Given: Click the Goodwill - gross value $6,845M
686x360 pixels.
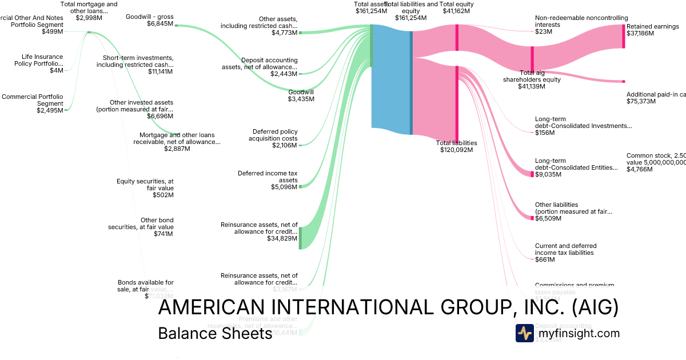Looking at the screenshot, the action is [160, 24].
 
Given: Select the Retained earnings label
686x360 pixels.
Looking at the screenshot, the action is [652, 26].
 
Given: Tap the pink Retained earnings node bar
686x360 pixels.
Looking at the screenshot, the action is [624, 36].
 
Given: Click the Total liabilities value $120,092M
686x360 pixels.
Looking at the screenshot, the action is [456, 150].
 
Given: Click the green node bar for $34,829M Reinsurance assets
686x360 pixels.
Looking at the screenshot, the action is [300, 238].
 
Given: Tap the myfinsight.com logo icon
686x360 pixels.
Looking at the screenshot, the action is [524, 333].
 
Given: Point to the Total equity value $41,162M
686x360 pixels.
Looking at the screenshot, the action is [456, 11].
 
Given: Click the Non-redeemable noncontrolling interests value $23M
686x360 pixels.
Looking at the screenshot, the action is [544, 32].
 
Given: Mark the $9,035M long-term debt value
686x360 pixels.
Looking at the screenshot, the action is [548, 174].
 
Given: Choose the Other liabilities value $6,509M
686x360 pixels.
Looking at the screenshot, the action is [548, 218].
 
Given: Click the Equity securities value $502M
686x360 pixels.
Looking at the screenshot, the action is [163, 195].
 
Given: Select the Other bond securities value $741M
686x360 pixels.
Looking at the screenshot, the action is [163, 234].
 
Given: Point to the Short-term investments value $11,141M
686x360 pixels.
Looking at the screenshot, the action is [161, 71].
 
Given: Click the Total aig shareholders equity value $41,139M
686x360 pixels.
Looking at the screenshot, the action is [532, 86].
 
